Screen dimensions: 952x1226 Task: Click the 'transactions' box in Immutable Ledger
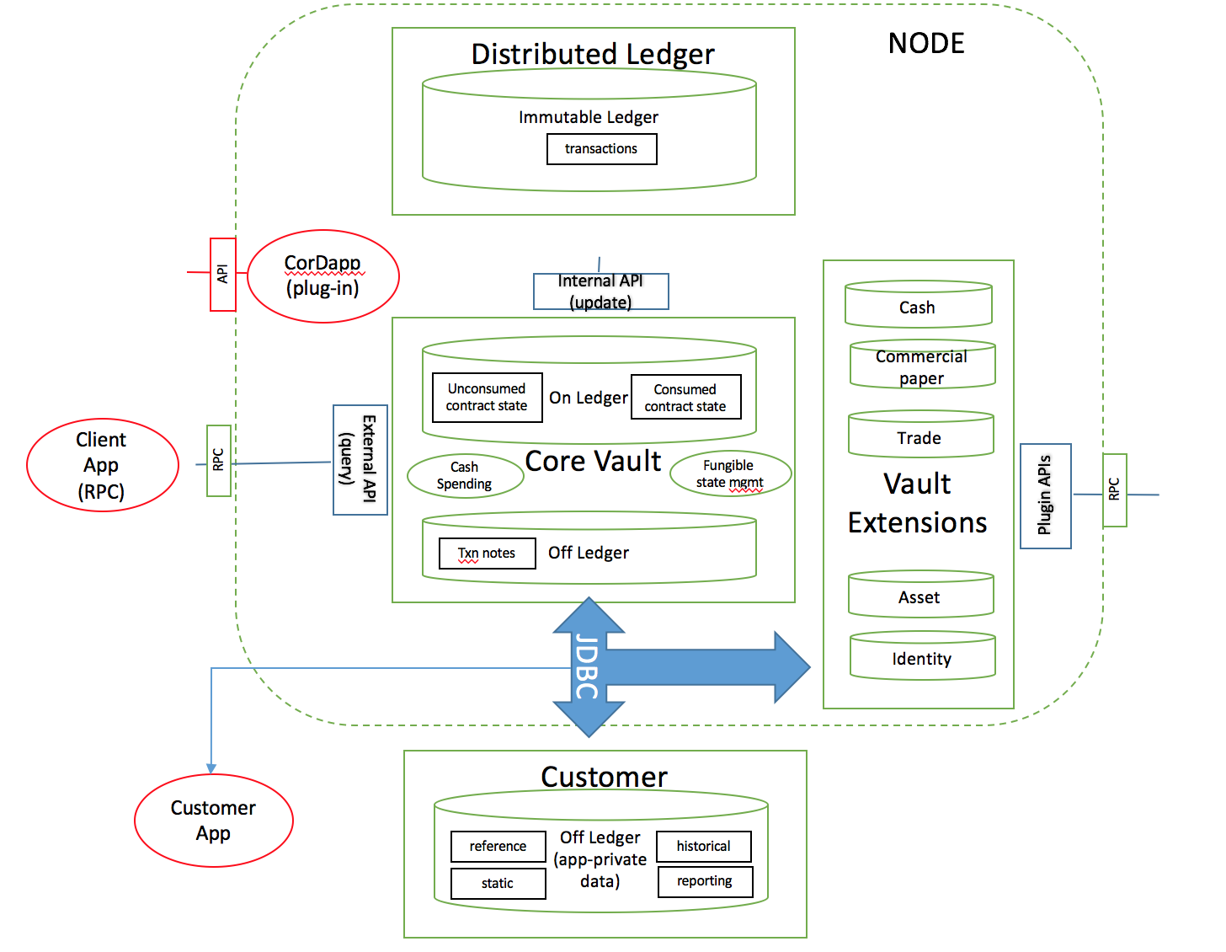601,149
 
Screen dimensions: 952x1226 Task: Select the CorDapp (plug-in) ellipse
323,276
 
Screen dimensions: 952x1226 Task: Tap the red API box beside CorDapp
223,274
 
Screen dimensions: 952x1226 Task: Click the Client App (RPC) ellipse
102,465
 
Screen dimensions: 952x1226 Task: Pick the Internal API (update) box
600,291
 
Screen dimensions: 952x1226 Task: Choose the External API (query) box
360,460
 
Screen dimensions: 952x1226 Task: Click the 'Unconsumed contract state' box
487,397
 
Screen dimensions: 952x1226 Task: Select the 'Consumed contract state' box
685,398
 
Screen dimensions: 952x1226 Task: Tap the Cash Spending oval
465,475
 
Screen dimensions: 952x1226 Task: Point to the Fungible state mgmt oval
730,473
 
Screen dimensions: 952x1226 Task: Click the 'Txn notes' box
487,554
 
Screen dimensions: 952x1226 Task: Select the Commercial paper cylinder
922,366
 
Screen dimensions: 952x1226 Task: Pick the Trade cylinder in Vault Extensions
920,436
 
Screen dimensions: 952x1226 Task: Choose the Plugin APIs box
1045,495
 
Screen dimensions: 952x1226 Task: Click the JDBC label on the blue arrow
587,668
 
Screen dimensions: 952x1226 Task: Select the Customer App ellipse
214,820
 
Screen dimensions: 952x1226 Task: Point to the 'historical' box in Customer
703,846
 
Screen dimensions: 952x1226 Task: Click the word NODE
926,44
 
